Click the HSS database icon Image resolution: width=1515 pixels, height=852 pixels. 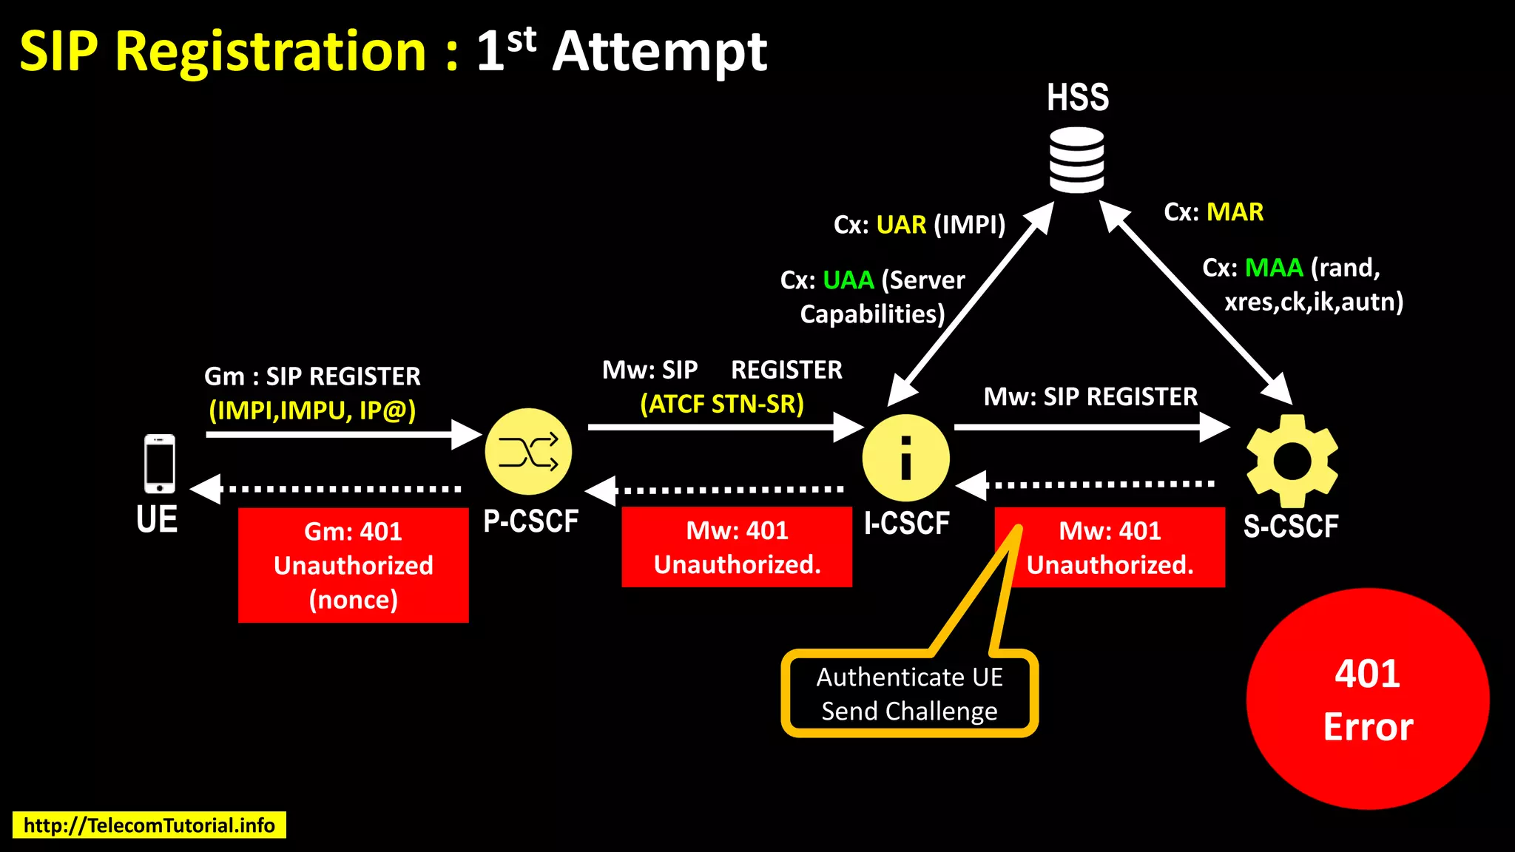[1076, 160]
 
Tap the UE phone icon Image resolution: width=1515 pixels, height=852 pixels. [160, 464]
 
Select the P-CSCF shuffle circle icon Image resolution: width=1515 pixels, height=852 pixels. [528, 451]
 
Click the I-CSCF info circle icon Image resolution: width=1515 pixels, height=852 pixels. [905, 458]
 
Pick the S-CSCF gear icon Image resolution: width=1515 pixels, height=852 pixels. [1292, 460]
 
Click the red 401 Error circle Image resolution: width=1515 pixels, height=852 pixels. [1367, 699]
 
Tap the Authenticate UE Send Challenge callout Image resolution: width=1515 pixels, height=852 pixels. [909, 694]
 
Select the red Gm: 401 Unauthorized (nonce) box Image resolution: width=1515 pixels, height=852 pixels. [353, 565]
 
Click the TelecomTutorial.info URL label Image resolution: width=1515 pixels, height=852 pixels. [149, 825]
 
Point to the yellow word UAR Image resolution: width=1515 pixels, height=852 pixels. [900, 225]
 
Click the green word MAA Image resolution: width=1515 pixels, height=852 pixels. [1273, 268]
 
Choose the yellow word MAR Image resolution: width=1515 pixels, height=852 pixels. [1235, 212]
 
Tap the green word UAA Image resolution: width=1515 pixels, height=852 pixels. [848, 280]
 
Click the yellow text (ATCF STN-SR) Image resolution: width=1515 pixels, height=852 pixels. [721, 404]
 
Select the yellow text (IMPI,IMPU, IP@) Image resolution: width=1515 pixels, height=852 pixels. [312, 410]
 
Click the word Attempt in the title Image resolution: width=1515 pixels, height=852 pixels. [659, 52]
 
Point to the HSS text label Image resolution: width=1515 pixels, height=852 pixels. [1077, 98]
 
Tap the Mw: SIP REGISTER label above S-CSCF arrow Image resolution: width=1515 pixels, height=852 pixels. [1090, 397]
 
